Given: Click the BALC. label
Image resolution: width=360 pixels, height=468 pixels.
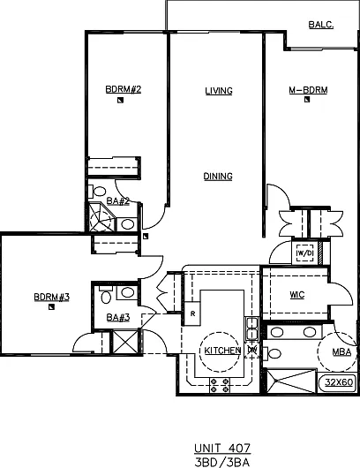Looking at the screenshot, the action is click(x=321, y=25).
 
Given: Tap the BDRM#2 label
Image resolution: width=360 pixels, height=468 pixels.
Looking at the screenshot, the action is click(x=124, y=89).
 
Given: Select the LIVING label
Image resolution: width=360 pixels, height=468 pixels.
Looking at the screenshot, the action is click(x=219, y=91).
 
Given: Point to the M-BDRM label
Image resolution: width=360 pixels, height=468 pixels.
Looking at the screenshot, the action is click(x=309, y=90).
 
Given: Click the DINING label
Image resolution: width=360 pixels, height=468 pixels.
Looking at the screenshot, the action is click(x=218, y=176).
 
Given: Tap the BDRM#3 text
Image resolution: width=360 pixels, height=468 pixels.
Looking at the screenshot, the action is click(x=51, y=297).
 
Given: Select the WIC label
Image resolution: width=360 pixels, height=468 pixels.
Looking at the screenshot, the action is click(x=297, y=295).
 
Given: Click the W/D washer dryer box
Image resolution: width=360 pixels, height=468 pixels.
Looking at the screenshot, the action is click(x=304, y=253).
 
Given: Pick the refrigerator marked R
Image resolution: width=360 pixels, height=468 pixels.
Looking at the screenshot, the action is click(x=192, y=313).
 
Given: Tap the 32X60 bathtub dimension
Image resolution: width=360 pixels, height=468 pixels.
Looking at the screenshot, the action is click(x=339, y=382).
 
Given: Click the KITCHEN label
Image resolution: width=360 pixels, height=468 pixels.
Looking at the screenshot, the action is click(x=222, y=351).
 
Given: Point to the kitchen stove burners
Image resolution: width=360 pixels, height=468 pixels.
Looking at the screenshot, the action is click(x=220, y=385).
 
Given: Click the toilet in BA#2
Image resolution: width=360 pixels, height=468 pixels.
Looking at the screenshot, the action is click(x=97, y=192).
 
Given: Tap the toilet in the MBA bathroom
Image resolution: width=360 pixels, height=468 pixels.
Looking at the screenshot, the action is click(x=272, y=354).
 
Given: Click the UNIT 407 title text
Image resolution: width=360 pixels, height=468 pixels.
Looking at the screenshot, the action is click(x=222, y=449).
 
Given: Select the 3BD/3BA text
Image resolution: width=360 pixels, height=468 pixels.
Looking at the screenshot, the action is click(x=222, y=462).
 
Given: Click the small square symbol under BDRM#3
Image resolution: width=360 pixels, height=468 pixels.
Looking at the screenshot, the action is click(x=51, y=306).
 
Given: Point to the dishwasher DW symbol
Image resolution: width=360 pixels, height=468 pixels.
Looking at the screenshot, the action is click(x=252, y=350).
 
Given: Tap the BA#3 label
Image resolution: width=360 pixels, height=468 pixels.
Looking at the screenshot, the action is click(x=118, y=317).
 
